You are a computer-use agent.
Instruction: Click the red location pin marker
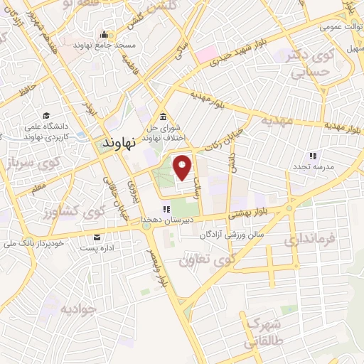[x=183, y=168]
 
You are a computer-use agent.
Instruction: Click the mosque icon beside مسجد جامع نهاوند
[x=105, y=35]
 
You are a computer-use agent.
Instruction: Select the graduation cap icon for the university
[x=46, y=115]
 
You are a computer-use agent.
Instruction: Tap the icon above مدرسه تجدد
[x=311, y=156]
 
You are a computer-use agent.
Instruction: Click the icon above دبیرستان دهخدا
[x=166, y=209]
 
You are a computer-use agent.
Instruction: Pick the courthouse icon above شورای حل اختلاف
[x=164, y=117]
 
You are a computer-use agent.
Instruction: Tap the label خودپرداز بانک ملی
[x=49, y=243]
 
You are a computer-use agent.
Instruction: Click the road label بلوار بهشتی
[x=251, y=211]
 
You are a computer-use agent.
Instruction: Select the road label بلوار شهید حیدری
[x=235, y=54]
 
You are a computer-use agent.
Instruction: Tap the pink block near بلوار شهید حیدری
[x=205, y=53]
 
